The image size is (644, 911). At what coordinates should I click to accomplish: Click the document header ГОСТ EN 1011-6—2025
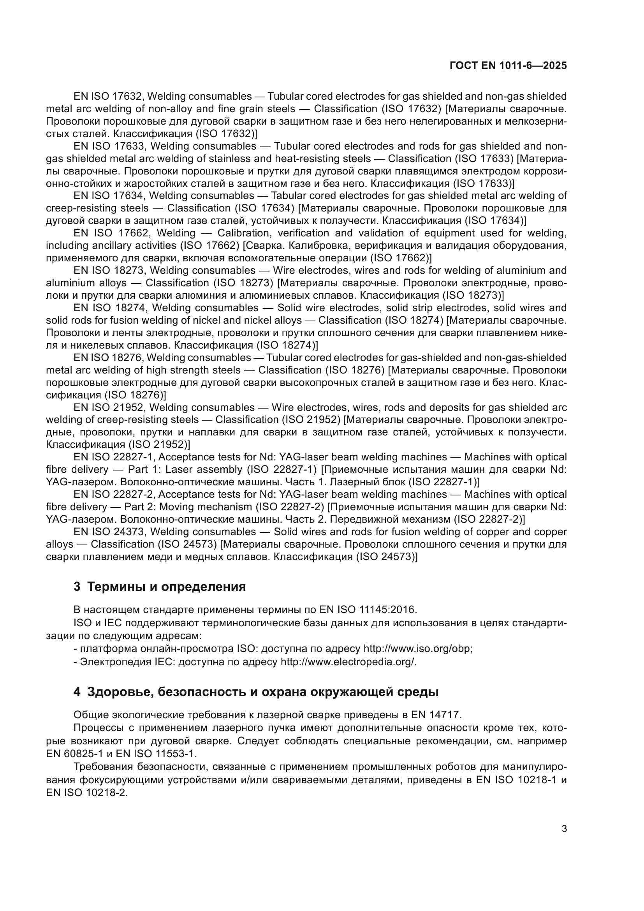pos(508,66)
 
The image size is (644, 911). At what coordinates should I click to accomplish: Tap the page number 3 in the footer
pos(564,828)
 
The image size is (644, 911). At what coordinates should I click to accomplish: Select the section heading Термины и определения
pos(166,587)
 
